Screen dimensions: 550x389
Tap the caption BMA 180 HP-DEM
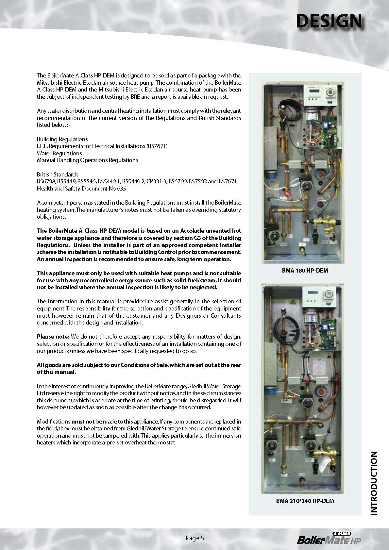pos(305,271)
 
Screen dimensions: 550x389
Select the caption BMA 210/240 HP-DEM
pos(305,501)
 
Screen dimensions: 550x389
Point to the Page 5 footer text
pos(195,538)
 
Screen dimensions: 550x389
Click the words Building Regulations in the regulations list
pos(62,139)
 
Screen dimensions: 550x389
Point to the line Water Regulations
pos(59,153)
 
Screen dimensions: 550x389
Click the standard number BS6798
pos(44,181)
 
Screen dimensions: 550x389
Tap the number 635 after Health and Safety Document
pos(122,189)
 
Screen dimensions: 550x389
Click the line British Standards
pos(58,175)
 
